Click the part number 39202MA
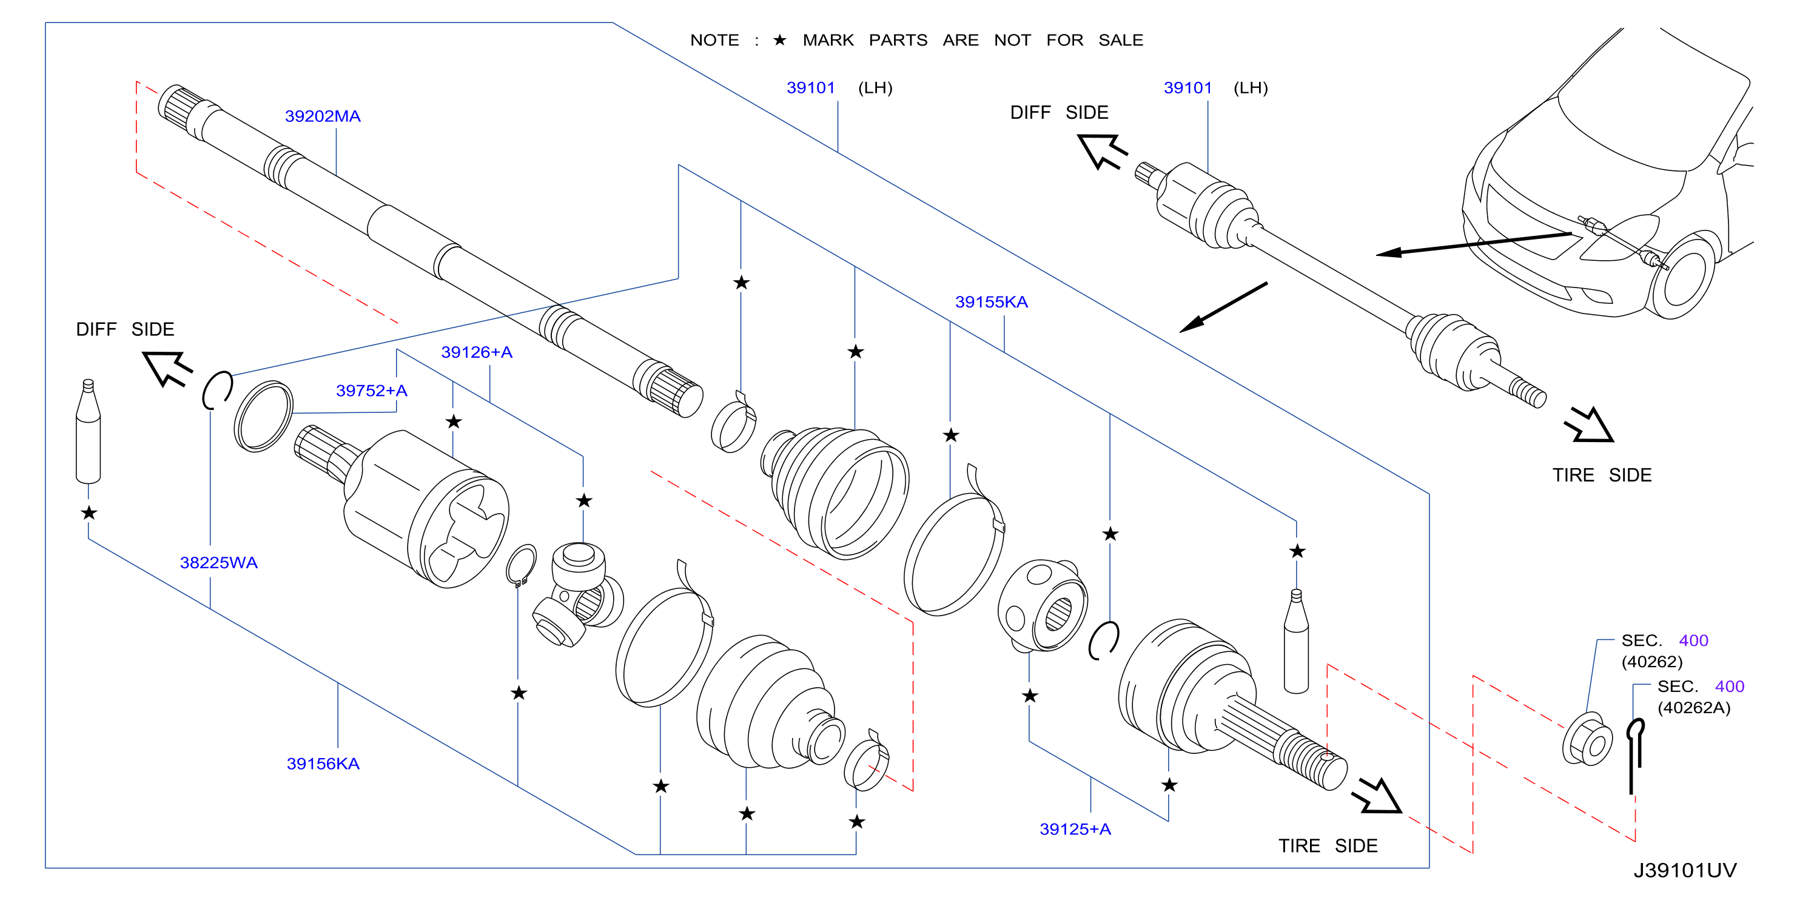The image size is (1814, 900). coord(323,116)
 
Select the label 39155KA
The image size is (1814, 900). coord(991,302)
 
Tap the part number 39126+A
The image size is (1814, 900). coord(477,352)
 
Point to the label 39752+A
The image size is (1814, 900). coord(371,390)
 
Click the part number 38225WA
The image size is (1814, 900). coord(218,563)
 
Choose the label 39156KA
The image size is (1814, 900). coord(323,764)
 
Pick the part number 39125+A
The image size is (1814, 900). coord(1075,829)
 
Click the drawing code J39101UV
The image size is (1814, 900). coord(1685,870)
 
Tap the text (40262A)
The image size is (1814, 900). coord(1693,708)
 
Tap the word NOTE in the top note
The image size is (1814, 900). coord(714,40)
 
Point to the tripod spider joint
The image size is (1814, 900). coord(577,594)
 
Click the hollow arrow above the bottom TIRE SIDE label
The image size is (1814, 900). coord(1377,796)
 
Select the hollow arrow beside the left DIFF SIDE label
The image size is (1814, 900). coord(167,368)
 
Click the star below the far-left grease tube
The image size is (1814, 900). coord(89,512)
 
